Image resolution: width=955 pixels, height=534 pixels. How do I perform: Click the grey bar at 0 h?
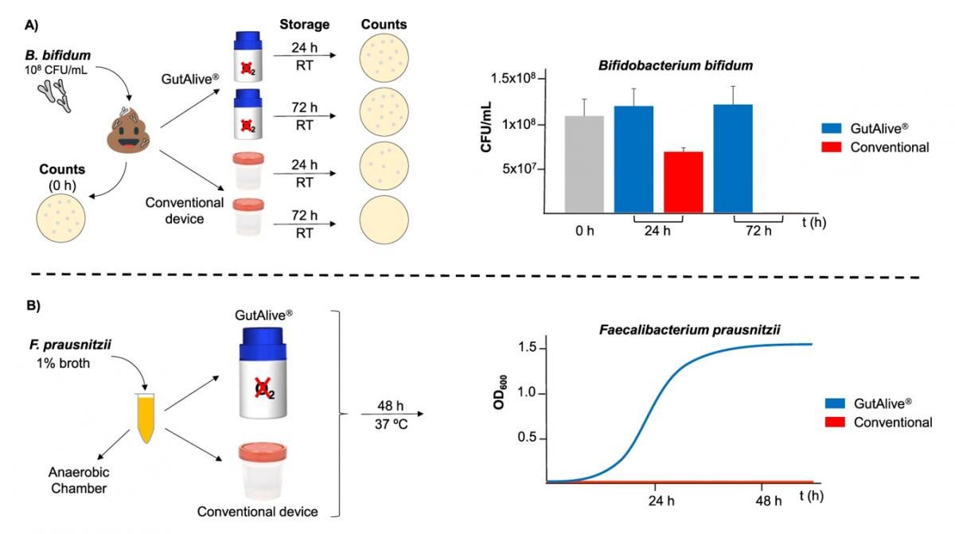click(583, 164)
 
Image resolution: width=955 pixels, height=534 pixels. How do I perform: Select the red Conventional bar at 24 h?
click(684, 182)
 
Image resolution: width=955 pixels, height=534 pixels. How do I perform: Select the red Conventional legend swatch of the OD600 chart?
click(833, 423)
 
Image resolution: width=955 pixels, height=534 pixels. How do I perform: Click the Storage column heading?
click(304, 23)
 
